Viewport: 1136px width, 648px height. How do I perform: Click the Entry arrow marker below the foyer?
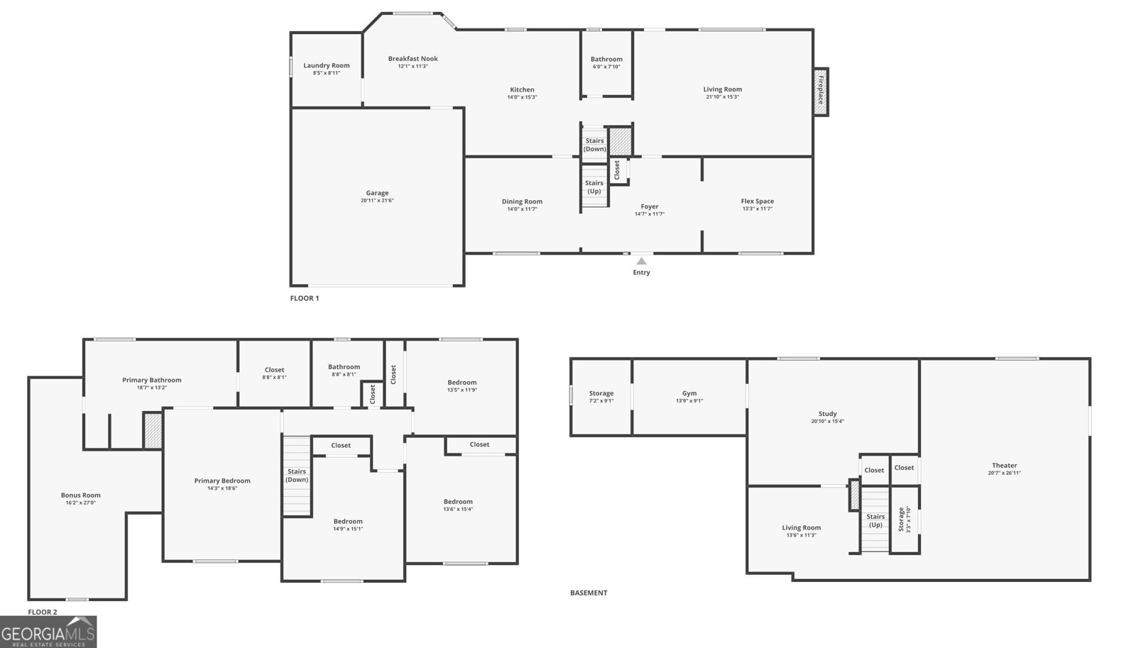point(641,261)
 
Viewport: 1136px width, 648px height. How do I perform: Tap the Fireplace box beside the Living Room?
point(821,91)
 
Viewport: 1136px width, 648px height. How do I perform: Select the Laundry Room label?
point(327,65)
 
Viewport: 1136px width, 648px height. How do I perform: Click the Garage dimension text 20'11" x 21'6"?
point(377,201)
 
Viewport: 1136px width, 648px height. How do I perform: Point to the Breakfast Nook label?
point(413,59)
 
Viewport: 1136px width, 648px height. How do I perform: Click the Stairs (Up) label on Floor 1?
point(594,187)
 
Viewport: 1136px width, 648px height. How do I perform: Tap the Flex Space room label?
point(757,201)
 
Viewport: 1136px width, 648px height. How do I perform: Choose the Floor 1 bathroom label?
point(606,60)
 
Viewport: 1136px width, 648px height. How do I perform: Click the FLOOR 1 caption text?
point(305,298)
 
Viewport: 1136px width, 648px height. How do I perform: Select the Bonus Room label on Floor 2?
point(80,495)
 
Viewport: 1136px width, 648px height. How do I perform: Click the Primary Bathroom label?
point(151,380)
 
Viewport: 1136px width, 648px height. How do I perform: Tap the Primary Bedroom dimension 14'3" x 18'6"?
point(222,488)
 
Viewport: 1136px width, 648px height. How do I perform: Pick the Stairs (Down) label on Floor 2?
point(297,476)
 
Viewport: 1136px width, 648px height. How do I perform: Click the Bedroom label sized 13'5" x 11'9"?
point(461,383)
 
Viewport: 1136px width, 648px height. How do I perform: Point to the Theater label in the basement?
point(1004,466)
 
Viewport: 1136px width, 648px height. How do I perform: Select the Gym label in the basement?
point(689,393)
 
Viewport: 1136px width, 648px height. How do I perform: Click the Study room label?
point(827,414)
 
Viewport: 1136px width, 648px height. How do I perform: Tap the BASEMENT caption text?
point(589,593)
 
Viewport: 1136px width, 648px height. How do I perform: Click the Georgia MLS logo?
point(48,631)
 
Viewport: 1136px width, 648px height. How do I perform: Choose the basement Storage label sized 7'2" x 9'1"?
point(601,393)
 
